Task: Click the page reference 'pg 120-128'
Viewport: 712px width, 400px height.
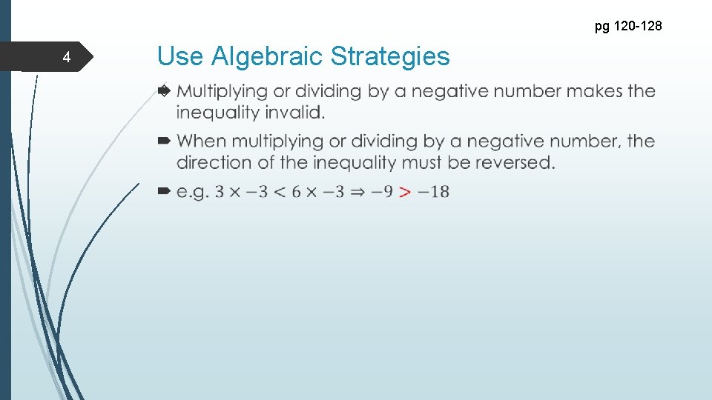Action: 628,27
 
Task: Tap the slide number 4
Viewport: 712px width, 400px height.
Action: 67,58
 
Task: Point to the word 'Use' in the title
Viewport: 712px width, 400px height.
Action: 181,56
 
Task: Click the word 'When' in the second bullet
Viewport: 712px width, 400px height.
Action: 201,141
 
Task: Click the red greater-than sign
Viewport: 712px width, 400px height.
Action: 404,192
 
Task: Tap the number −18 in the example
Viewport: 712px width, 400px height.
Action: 433,192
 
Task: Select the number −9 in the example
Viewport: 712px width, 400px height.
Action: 383,192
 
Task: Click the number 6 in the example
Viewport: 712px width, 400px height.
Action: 297,192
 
